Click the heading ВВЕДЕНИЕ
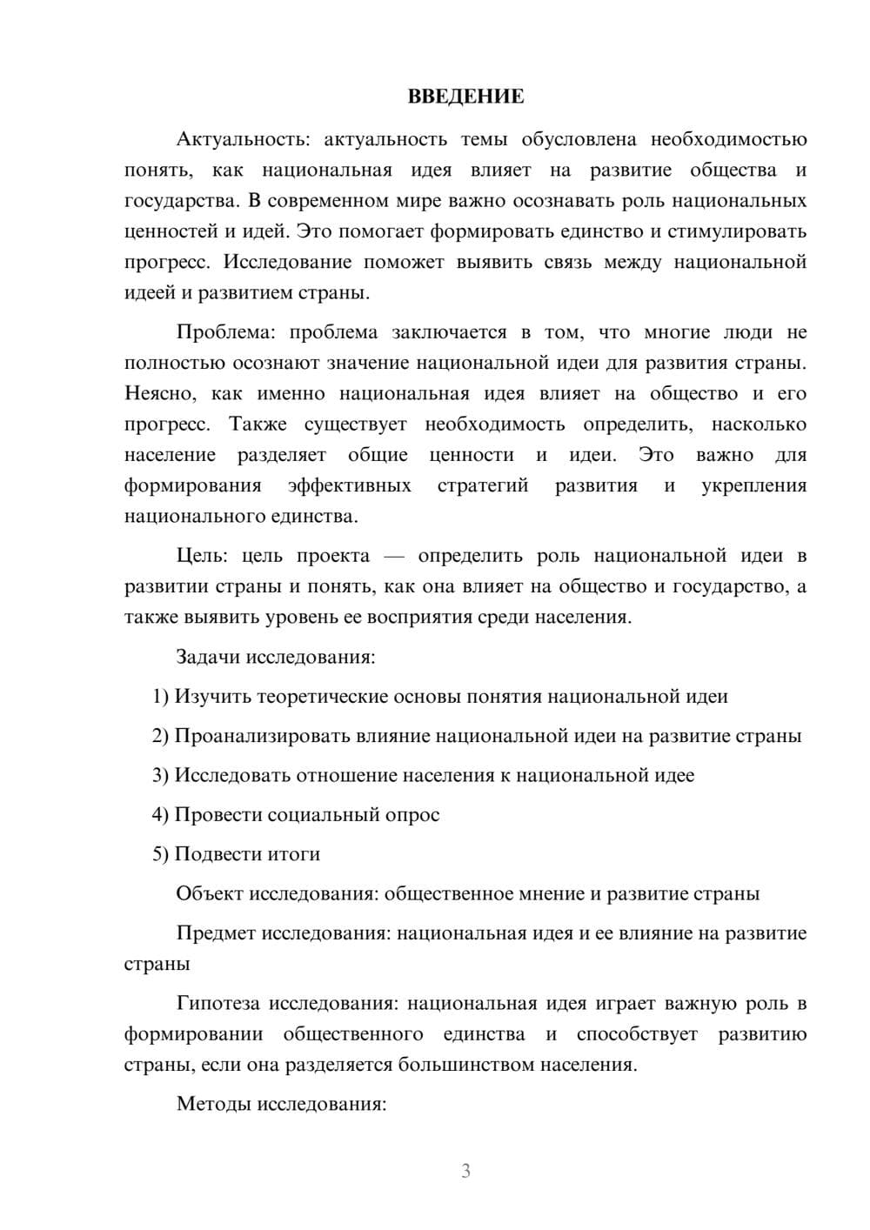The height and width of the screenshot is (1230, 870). tap(465, 97)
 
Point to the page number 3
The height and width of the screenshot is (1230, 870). tap(465, 1171)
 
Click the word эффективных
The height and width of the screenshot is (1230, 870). tap(350, 485)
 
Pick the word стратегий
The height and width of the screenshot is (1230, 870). tap(483, 485)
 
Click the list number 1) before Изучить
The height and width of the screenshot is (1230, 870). tap(160, 697)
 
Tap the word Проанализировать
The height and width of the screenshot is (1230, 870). tap(263, 736)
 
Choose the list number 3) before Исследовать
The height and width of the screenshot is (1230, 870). tap(160, 775)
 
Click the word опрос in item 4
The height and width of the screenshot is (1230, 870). tap(412, 815)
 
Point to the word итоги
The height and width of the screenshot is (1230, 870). tap(293, 854)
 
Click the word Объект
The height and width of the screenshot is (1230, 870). tap(210, 893)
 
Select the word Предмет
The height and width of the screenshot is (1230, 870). tap(216, 933)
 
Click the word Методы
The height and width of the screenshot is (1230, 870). tap(211, 1104)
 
